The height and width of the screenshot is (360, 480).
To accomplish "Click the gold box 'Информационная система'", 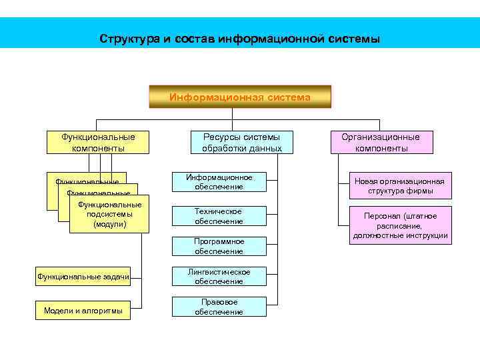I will [239, 97].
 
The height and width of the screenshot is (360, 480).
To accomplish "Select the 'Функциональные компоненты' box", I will [97, 142].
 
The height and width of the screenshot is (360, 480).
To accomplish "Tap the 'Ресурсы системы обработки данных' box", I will [241, 142].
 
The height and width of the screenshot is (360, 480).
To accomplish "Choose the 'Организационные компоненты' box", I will [381, 142].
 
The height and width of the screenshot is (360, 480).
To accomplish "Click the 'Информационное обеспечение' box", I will [219, 182].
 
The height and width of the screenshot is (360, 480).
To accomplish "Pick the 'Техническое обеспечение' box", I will [219, 216].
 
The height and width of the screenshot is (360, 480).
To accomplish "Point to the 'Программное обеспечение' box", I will [219, 246].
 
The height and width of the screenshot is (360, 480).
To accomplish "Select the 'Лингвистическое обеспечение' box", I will [219, 277].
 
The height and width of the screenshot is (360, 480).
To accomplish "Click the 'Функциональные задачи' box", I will [82, 276].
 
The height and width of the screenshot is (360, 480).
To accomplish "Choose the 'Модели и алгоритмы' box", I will [82, 311].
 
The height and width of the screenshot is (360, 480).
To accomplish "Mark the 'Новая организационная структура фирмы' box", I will [399, 186].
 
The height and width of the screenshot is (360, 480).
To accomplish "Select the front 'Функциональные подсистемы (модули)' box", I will [109, 215].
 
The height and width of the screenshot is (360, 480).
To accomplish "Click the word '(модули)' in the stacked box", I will [109, 225].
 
